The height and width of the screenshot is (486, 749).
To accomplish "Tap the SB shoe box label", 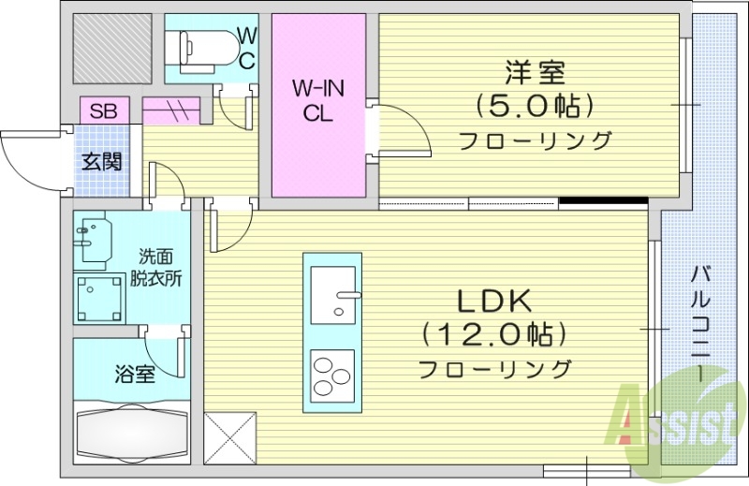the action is pos(103,110).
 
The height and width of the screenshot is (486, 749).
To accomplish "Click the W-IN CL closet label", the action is pos(317,100).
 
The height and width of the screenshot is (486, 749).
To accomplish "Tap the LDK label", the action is pos(494,302).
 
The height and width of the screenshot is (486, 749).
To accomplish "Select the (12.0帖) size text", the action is pos(494,333).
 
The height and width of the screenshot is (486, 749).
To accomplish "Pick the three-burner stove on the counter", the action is pos(332,375).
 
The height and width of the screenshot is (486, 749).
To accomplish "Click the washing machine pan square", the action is pos(100,297).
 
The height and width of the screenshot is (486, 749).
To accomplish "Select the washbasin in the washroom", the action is pos(94,241).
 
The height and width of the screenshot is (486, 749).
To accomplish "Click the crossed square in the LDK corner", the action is pos(229,435).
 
